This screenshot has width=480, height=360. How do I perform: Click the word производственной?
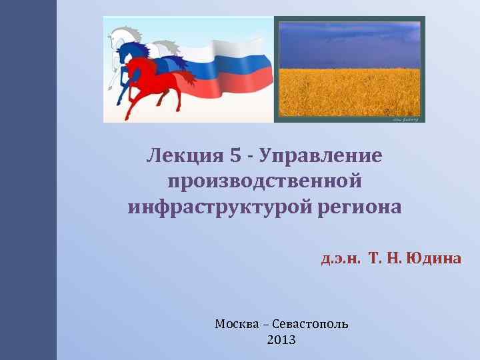265,181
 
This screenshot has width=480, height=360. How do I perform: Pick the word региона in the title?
359,207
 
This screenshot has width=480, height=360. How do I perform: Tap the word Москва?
237,324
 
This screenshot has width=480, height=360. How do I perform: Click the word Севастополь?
310,324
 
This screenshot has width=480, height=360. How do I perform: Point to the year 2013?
281,340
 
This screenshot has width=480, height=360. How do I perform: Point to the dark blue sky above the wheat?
350,40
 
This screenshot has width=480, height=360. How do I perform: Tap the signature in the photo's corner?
405,118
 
